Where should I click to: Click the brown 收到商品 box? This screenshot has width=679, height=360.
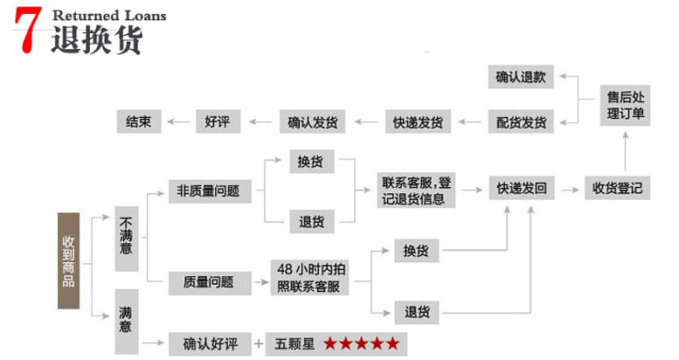[68, 260]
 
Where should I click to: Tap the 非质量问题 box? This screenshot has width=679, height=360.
[208, 190]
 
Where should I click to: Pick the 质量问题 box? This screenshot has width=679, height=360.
[208, 281]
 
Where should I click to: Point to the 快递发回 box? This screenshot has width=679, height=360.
[522, 189]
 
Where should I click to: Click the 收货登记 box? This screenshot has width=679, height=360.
[617, 188]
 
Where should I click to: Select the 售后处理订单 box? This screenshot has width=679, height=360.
[626, 105]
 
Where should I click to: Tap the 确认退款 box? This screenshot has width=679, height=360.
[521, 77]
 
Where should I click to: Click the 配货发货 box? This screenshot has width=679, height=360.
[521, 121]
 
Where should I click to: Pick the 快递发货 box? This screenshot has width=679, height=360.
[417, 121]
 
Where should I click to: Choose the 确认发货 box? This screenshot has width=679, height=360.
[312, 121]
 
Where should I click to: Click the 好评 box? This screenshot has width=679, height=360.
[218, 121]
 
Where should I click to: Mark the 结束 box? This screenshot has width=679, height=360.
[139, 121]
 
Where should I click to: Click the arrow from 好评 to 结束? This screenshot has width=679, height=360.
[179, 121]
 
